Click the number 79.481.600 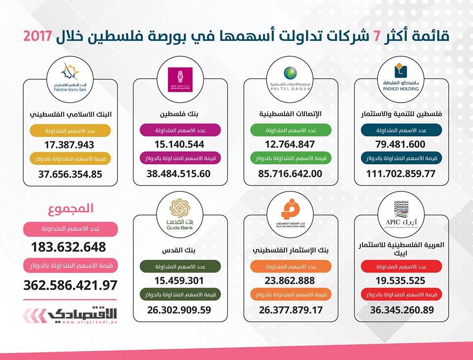pos(401,145)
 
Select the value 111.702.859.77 pos(401,173)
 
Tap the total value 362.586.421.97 pos(70,285)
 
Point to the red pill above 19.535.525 pos(401,266)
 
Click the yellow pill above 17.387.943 pos(70,131)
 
